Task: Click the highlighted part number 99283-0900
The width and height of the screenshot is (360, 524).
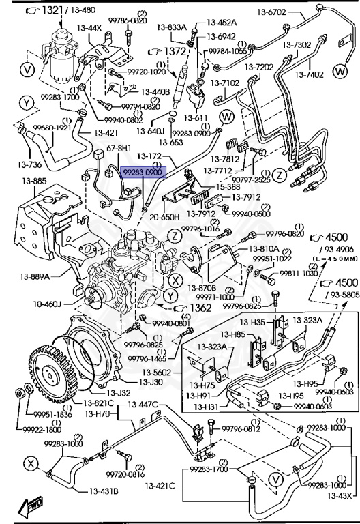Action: [142, 173]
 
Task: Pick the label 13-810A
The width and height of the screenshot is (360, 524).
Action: [261, 248]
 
